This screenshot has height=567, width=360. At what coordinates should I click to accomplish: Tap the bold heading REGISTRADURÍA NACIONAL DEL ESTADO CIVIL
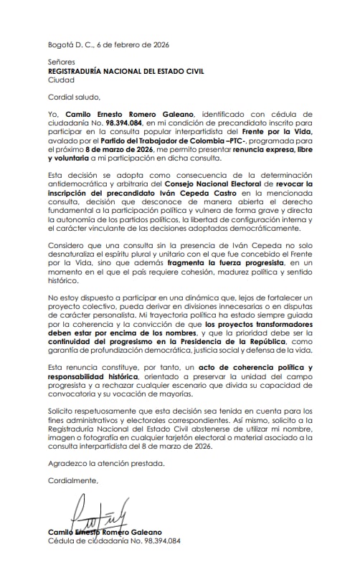pyautogui.click(x=126, y=72)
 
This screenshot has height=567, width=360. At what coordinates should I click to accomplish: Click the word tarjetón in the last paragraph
pyautogui.click(x=198, y=435)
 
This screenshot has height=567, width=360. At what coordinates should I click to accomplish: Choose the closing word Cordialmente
pyautogui.click(x=73, y=480)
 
